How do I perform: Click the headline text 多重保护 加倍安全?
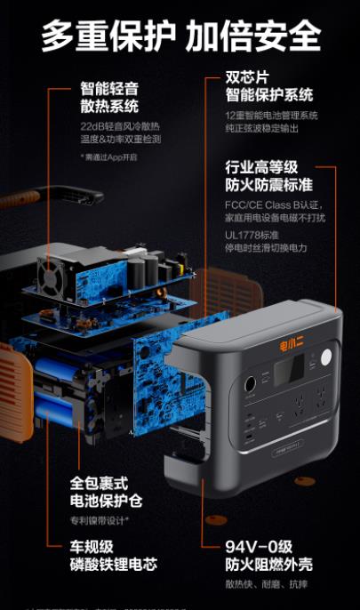(x=180, y=35)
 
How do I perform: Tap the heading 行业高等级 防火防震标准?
(x=268, y=176)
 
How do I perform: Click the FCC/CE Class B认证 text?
(x=269, y=205)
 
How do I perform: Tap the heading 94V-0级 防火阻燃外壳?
(x=268, y=556)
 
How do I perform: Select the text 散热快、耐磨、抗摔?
(x=254, y=583)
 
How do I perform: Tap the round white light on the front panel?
(x=325, y=357)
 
